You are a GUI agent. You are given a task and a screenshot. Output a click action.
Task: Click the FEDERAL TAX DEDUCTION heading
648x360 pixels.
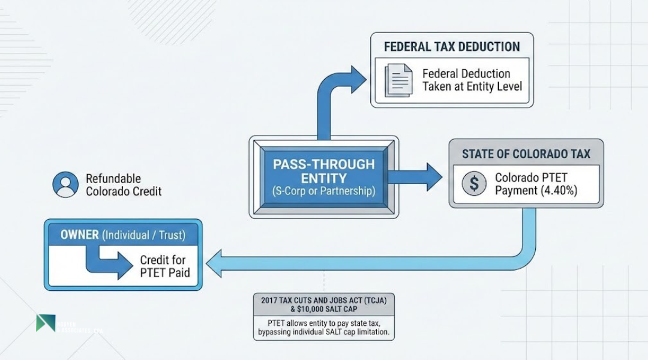452,46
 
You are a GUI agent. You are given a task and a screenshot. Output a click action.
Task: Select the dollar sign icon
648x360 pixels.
473,184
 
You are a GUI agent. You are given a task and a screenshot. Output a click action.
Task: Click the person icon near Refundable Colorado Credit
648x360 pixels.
65,185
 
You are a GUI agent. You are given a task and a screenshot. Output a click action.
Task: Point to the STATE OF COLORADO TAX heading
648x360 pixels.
526,154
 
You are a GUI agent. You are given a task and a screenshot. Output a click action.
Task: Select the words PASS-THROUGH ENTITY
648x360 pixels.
323,171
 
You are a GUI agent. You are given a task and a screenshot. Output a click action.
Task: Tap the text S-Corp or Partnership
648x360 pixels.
323,192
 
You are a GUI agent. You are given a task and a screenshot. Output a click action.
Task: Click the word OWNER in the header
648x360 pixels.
79,235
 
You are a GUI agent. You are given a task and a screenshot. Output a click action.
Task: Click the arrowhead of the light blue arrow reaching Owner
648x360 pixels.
214,263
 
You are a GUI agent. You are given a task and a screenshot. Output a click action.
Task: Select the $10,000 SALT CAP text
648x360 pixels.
325,308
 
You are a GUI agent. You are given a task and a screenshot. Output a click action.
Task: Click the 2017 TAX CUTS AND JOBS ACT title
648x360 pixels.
325,299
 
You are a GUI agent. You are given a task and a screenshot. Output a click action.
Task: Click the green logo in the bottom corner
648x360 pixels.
45,323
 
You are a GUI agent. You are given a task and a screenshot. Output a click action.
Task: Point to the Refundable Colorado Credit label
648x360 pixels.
123,185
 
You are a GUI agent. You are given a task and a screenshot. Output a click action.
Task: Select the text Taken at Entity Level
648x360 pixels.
472,86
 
